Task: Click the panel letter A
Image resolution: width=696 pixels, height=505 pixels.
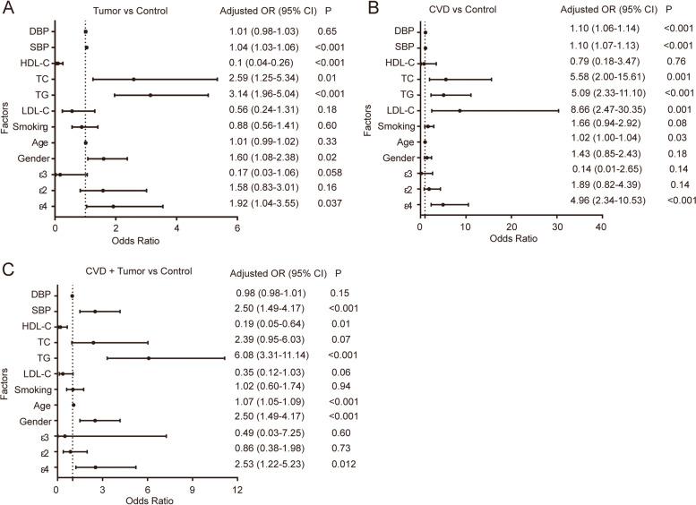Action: tap(7, 9)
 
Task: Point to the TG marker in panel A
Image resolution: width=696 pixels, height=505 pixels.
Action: tap(150, 95)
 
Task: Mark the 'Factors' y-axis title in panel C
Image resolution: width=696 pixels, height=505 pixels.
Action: tap(9, 380)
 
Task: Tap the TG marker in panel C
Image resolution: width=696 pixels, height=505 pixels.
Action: tap(149, 358)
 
